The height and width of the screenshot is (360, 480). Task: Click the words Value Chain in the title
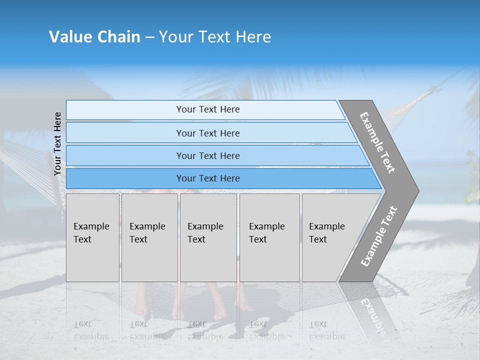point(94,37)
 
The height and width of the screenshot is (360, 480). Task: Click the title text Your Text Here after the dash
point(215,37)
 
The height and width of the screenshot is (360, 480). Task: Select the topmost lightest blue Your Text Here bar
point(207,109)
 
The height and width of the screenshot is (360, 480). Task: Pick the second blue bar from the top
point(207,133)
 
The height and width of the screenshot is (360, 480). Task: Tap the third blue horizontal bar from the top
point(207,155)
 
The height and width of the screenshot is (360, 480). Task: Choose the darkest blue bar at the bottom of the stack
point(207,178)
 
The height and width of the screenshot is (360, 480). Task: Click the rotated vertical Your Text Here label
point(57,144)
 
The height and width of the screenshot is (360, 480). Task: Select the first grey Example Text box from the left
point(92,237)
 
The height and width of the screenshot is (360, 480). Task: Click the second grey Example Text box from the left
point(149,237)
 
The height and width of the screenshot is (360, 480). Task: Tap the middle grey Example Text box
point(207,237)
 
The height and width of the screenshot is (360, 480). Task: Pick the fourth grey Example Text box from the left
point(269,237)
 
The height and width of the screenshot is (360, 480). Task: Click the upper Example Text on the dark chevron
point(378,142)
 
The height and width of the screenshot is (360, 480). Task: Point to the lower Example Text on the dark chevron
point(378,236)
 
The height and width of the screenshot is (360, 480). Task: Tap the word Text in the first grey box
point(82,239)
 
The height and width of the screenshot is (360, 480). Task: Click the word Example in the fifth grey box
point(326,226)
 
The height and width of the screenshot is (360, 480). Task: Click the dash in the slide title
point(149,37)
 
